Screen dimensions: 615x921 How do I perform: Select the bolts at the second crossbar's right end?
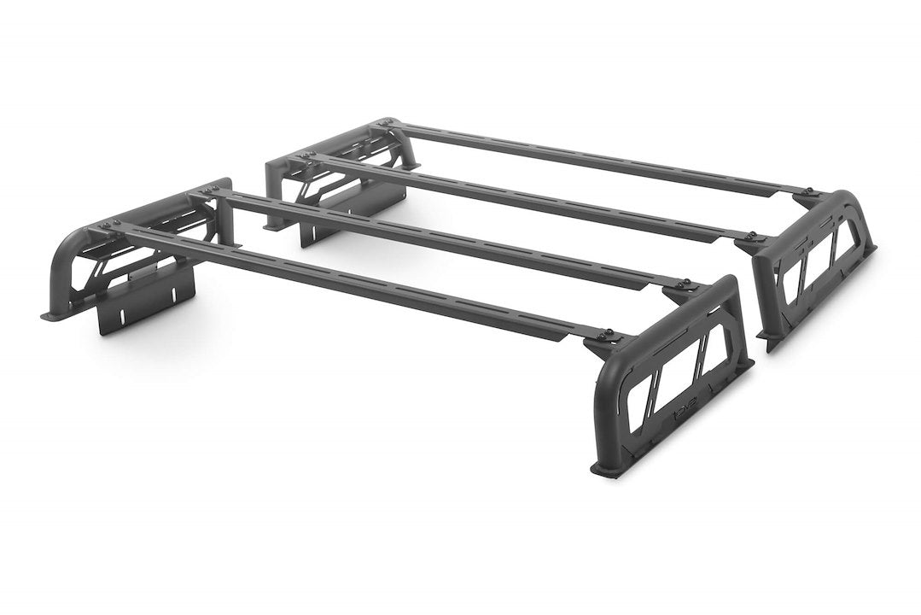click(x=684, y=284)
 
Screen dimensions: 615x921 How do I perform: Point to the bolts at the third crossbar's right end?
click(x=752, y=235)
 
